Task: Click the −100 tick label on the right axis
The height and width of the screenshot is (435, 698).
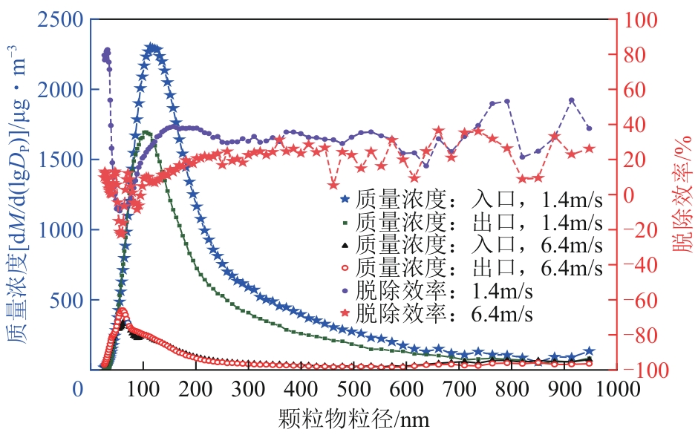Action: [645, 370]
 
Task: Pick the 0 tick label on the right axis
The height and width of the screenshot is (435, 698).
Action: [627, 195]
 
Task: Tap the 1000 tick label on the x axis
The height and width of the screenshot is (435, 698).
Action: [615, 390]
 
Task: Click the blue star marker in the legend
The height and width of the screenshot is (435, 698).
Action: [344, 200]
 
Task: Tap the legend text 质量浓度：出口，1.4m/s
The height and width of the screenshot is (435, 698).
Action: [480, 222]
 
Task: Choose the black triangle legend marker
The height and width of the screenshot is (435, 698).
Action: [344, 244]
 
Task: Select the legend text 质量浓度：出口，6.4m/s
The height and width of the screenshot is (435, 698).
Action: [480, 266]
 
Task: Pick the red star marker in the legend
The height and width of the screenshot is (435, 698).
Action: [344, 311]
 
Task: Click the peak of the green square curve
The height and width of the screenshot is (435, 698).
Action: [145, 133]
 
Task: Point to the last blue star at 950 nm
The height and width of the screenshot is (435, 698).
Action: [590, 351]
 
